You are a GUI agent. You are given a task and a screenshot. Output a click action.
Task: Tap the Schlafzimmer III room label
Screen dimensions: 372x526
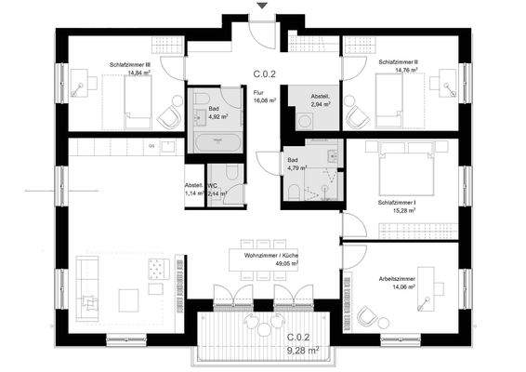[x=130, y=63]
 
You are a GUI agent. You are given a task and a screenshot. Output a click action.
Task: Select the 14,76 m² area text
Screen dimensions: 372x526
[x=397, y=70]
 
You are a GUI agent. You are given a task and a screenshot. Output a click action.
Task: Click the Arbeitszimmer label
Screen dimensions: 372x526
[x=397, y=279]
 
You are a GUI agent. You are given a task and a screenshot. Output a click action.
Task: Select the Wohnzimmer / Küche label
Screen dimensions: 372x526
[x=270, y=254]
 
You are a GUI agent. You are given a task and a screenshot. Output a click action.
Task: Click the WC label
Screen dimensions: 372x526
[x=211, y=186]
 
